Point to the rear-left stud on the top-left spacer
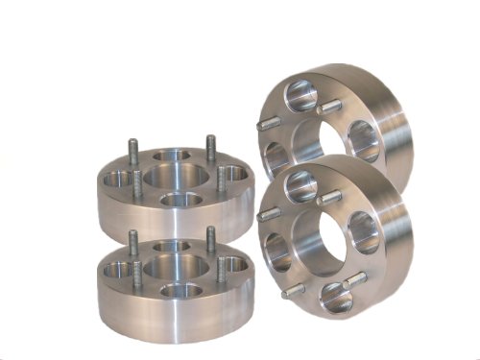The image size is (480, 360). coord(132,157)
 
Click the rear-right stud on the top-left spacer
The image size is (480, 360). coord(210,149)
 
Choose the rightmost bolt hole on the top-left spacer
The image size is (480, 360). coord(231,172)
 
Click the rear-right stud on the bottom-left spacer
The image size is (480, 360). coord(209,239)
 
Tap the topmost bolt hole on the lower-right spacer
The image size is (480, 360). coord(296,180)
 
